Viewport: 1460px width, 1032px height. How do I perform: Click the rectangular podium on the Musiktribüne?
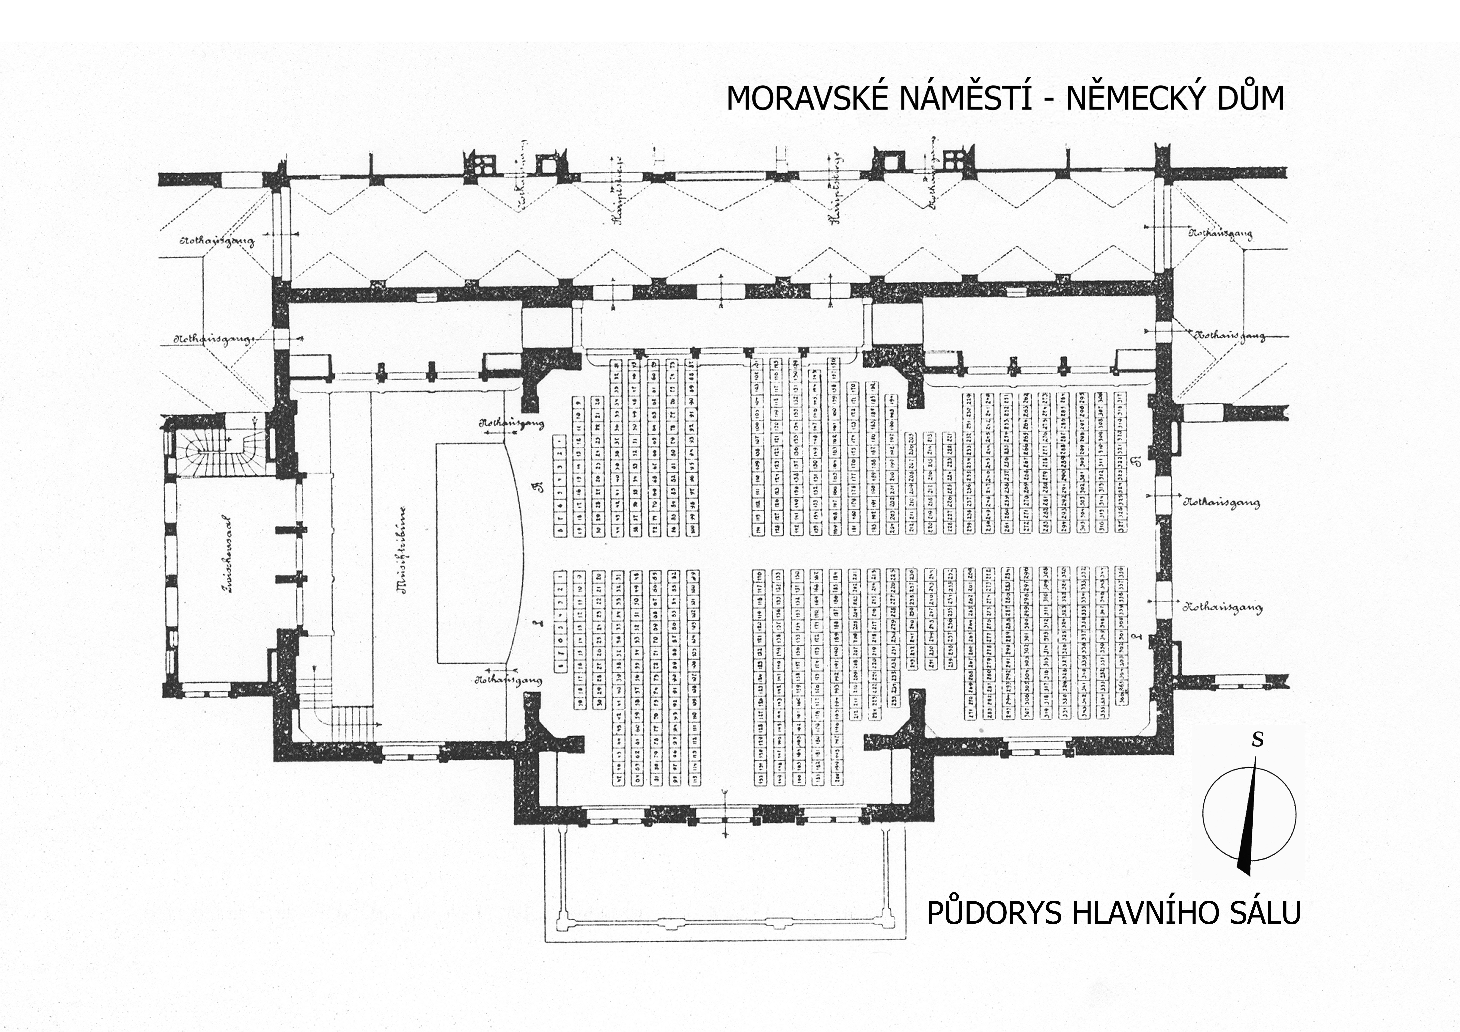coord(471,553)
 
